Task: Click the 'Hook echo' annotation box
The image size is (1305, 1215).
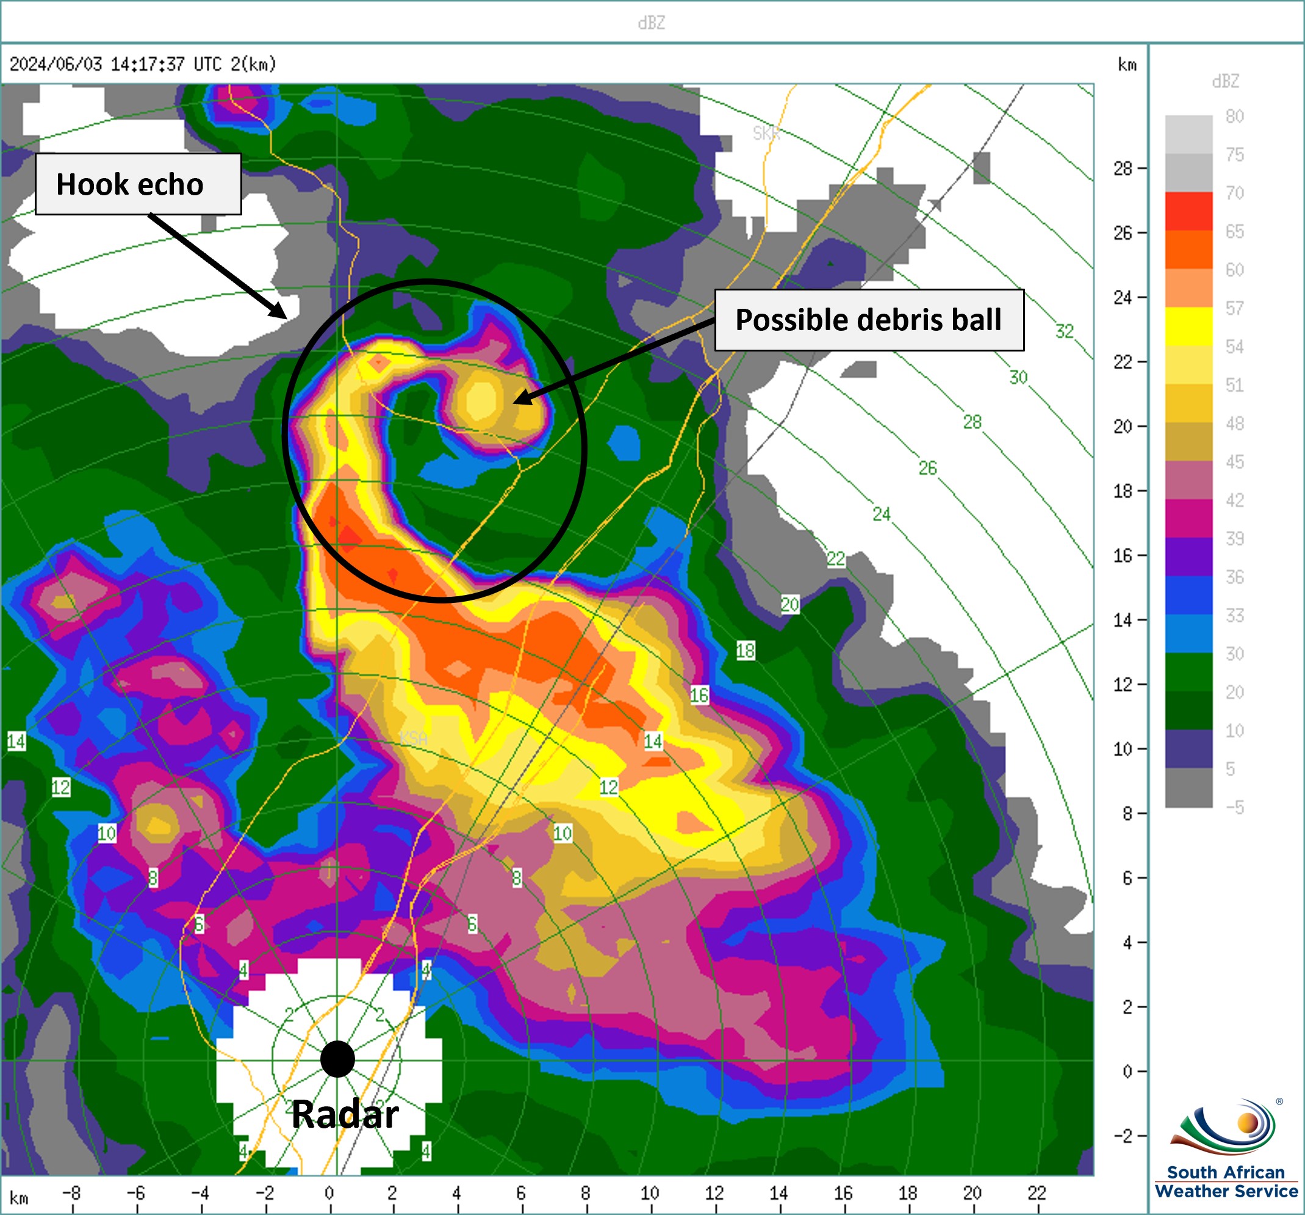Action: pos(138,184)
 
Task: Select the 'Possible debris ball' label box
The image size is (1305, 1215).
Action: pos(868,320)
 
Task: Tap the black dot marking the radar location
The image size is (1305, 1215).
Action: pos(337,1059)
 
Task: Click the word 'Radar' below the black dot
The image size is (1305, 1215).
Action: pos(345,1114)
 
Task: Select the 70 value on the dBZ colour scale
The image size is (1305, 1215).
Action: pos(1235,193)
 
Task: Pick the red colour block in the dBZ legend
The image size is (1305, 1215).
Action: pos(1188,211)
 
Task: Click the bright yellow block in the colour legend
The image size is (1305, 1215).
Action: pos(1188,326)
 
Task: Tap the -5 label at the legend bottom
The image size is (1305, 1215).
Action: pos(1235,807)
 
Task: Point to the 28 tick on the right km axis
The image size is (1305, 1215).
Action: pos(1123,169)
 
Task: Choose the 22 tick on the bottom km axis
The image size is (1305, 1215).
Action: pos(1037,1192)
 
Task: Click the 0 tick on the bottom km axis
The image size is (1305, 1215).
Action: pos(329,1192)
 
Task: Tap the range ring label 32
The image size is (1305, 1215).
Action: pos(1064,331)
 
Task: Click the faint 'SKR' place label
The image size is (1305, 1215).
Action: pos(766,133)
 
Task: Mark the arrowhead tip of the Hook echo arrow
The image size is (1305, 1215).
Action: pos(286,318)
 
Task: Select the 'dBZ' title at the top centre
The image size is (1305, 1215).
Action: pos(651,23)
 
